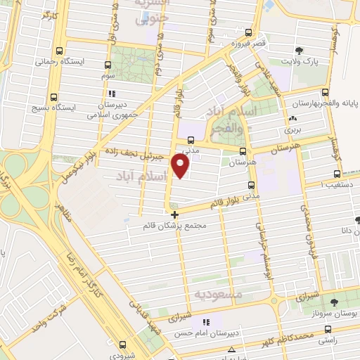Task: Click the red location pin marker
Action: coord(181,165)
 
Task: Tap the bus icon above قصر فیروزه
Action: coord(248,32)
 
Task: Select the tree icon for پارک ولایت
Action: coord(301,51)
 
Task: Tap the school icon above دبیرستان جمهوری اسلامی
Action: coord(110,93)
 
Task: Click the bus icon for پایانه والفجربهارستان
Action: coord(323,91)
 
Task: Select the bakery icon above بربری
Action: coord(291,119)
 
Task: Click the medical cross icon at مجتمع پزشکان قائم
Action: coord(175,214)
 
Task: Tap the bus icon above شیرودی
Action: coord(122,345)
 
